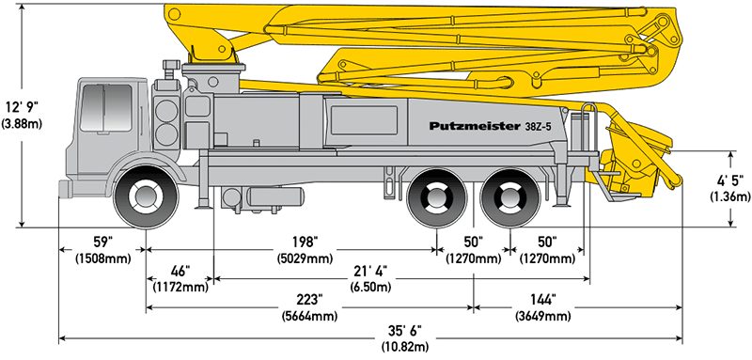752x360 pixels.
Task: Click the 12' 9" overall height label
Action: pyautogui.click(x=22, y=106)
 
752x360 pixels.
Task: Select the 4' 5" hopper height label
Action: pyautogui.click(x=730, y=181)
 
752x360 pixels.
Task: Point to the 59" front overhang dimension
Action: pyautogui.click(x=102, y=241)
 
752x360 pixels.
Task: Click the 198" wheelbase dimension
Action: pyautogui.click(x=305, y=241)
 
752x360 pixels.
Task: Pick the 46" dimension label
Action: pyautogui.click(x=180, y=272)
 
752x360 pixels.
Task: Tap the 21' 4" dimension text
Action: pyautogui.click(x=370, y=272)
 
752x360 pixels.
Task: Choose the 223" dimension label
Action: pyautogui.click(x=310, y=300)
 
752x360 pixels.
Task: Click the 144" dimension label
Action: pyautogui.click(x=543, y=300)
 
